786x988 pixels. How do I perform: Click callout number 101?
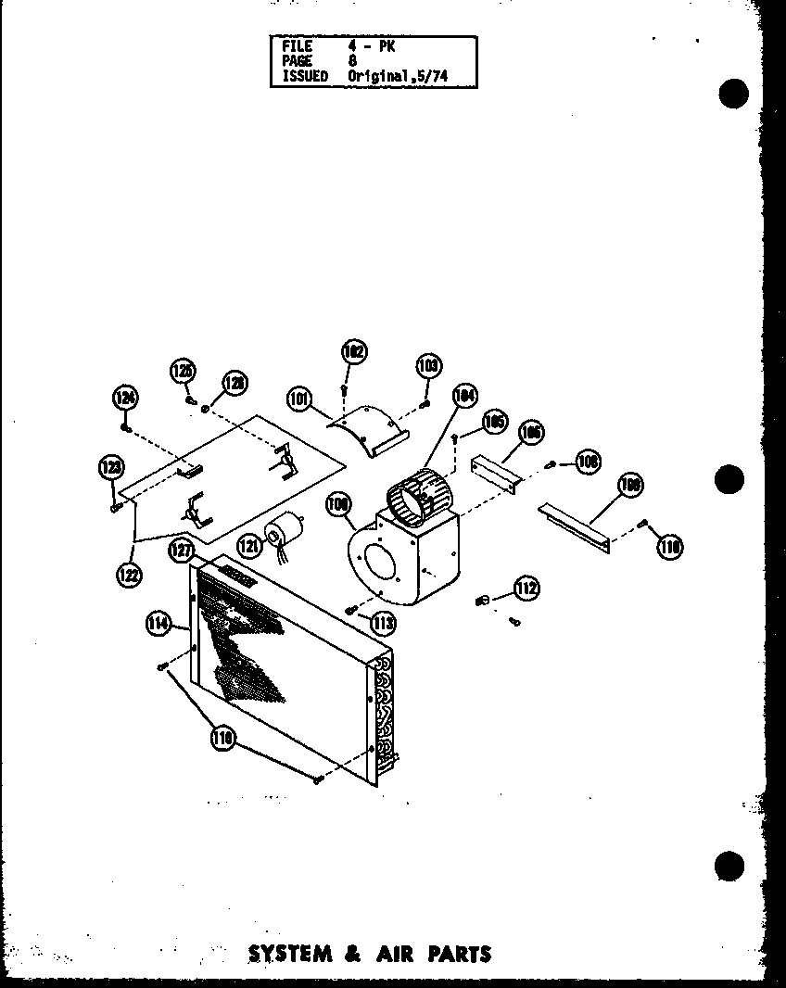pyautogui.click(x=298, y=400)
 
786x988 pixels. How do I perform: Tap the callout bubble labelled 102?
pyautogui.click(x=354, y=352)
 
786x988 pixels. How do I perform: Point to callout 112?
pyautogui.click(x=527, y=588)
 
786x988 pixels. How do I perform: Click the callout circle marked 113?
pyautogui.click(x=383, y=624)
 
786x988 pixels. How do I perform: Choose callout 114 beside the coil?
pyautogui.click(x=157, y=625)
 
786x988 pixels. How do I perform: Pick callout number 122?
pyautogui.click(x=128, y=575)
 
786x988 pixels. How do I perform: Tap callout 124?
pyautogui.click(x=126, y=399)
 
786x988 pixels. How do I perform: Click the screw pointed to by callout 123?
pyautogui.click(x=114, y=506)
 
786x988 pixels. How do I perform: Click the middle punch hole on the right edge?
pyautogui.click(x=731, y=479)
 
